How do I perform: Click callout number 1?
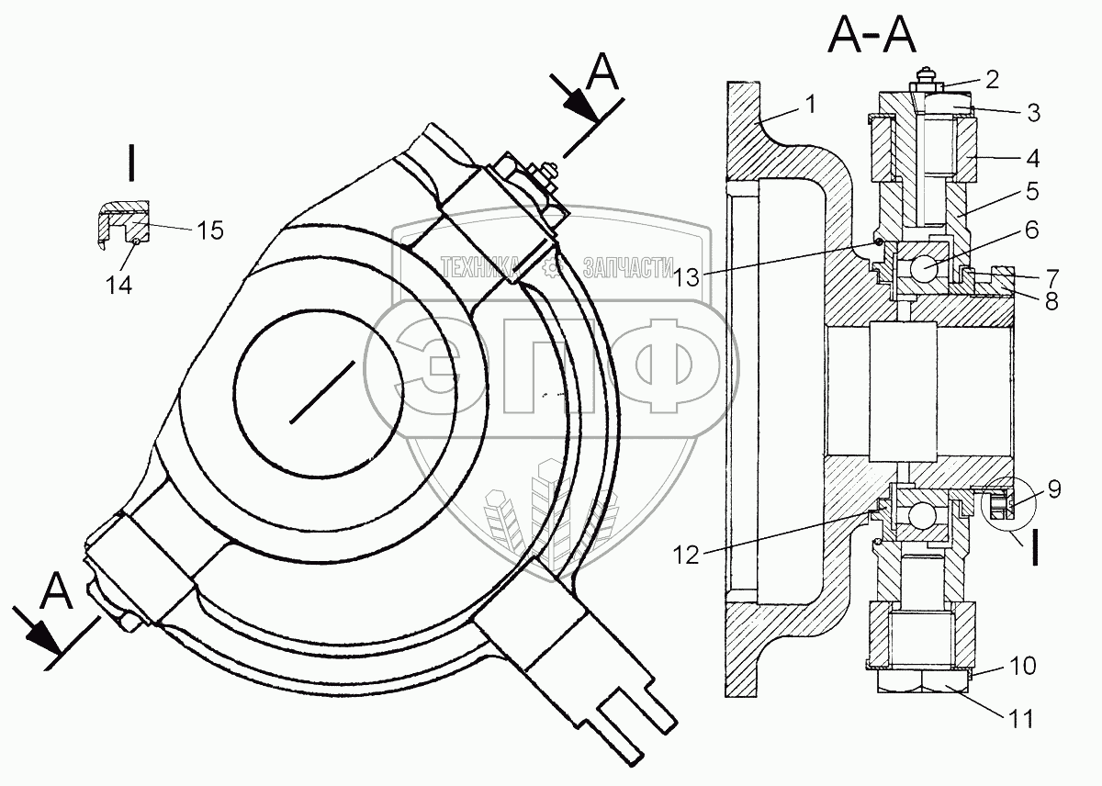click(810, 104)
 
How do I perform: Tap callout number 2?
click(993, 80)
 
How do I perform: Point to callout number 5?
click(1032, 191)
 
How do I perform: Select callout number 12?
click(686, 556)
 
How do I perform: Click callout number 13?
click(686, 277)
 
